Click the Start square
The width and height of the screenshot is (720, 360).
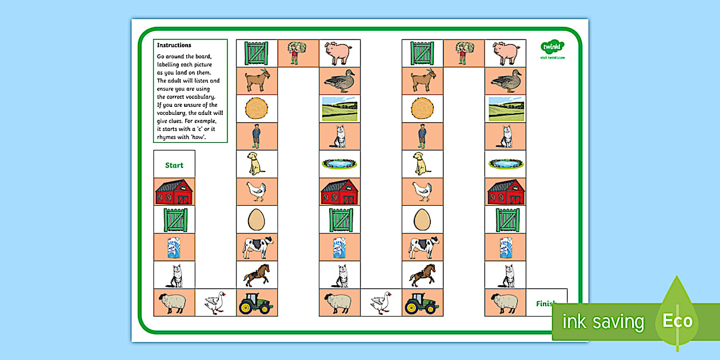click(174, 165)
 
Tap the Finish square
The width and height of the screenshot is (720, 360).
click(546, 303)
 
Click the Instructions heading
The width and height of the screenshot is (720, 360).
click(174, 45)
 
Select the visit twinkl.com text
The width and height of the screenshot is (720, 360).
click(552, 58)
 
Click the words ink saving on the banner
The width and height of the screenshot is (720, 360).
click(603, 322)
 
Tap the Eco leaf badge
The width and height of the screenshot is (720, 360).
click(677, 319)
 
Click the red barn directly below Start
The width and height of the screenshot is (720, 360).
click(174, 192)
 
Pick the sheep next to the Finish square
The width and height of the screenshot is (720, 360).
click(505, 303)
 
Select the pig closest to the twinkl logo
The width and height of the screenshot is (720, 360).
click(506, 53)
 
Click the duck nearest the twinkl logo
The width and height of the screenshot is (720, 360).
click(506, 81)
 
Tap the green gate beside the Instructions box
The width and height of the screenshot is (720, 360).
click(257, 53)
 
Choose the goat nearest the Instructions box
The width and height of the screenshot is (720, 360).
click(257, 81)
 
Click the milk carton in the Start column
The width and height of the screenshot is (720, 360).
click(174, 247)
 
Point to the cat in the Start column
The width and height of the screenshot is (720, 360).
click(174, 275)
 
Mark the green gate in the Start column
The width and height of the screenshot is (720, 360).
click(174, 219)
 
